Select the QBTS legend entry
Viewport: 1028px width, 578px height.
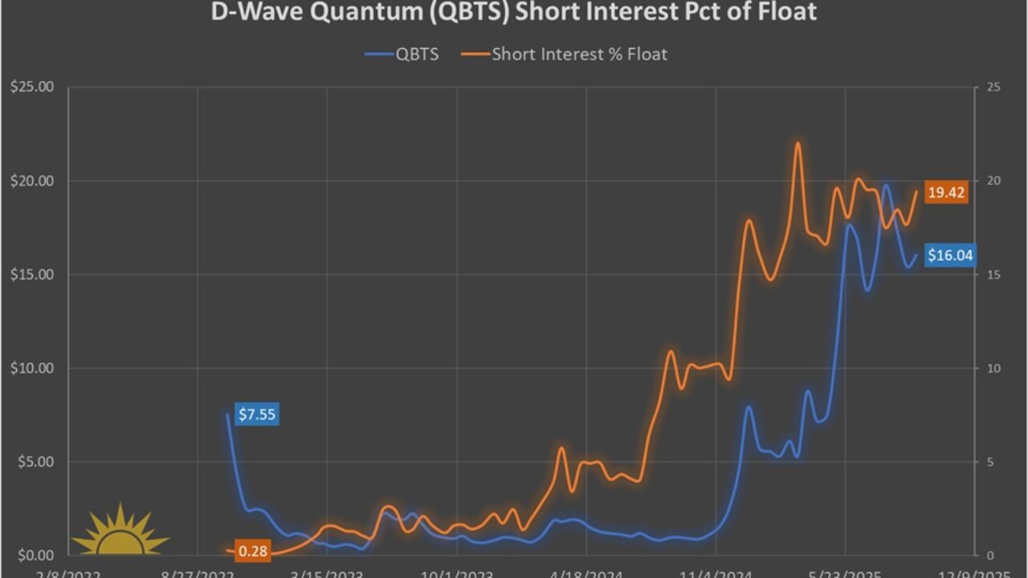[x=402, y=55]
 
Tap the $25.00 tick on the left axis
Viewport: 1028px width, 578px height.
[x=31, y=87]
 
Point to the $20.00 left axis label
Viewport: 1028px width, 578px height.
[x=31, y=181]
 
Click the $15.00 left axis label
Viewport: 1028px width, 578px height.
[x=31, y=275]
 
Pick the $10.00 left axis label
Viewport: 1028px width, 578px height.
[x=31, y=368]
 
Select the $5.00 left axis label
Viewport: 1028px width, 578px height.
[x=35, y=462]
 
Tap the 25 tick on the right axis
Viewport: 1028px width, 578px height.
[x=993, y=87]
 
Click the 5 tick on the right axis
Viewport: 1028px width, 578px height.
[x=989, y=462]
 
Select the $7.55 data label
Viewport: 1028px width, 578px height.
[x=257, y=415]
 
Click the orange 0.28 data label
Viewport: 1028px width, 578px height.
[x=252, y=552]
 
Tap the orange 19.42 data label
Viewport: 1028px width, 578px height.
[x=945, y=193]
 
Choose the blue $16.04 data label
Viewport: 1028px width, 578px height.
[x=950, y=256]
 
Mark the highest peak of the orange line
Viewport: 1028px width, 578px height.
[x=798, y=144]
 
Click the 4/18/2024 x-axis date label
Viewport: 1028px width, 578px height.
[x=586, y=573]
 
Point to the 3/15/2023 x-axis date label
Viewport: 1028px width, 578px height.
[x=327, y=573]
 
